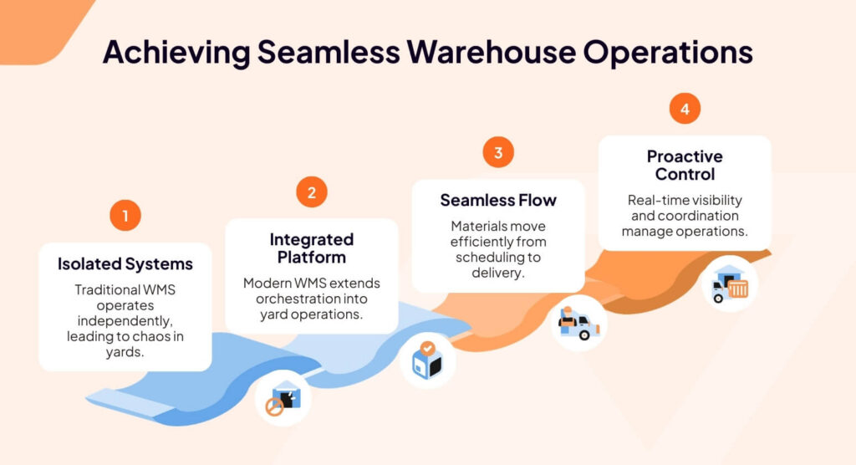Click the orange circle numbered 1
125,216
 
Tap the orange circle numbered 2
312,192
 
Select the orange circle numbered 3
498,152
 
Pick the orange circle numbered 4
685,109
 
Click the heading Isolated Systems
125,264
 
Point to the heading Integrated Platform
312,248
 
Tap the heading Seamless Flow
498,201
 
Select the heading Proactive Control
685,166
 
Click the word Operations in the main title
667,52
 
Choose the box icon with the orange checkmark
428,360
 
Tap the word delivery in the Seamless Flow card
498,273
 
